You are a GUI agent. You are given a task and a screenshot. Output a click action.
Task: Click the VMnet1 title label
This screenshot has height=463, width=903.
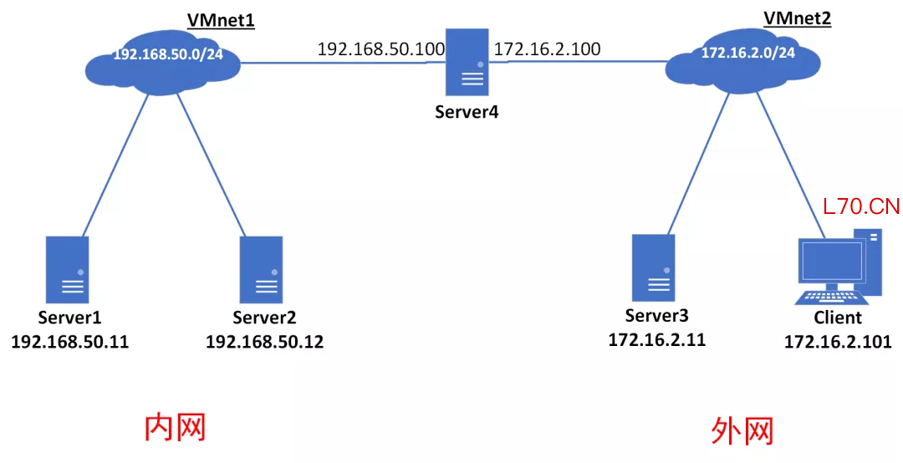click(x=221, y=21)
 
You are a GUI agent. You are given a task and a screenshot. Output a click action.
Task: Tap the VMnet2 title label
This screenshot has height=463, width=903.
click(x=797, y=18)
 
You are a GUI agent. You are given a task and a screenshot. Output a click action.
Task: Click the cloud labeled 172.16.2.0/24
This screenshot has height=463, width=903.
click(x=743, y=62)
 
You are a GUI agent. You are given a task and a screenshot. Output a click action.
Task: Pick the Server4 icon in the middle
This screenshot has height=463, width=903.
click(x=467, y=62)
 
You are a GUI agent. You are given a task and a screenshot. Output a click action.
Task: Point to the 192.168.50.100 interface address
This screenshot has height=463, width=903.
click(x=381, y=49)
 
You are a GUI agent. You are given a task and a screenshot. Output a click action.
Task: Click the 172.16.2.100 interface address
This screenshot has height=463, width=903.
click(x=547, y=49)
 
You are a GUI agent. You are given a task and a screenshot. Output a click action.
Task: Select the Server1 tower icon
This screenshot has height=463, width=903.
click(x=68, y=269)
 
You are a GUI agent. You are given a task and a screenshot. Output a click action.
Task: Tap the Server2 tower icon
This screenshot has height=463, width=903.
click(x=261, y=269)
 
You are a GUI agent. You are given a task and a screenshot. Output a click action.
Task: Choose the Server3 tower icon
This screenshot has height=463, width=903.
click(x=653, y=267)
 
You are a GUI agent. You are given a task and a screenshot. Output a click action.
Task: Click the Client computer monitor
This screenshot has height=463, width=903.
click(x=832, y=261)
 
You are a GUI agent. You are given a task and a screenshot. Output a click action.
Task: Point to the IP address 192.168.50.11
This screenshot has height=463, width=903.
click(x=70, y=342)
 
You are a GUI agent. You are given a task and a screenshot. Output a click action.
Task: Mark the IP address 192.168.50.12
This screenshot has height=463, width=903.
click(x=264, y=342)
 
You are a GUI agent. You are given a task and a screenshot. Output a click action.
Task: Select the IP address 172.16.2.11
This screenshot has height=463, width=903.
click(x=657, y=340)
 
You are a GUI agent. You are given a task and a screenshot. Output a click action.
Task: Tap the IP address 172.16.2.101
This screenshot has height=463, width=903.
click(x=838, y=342)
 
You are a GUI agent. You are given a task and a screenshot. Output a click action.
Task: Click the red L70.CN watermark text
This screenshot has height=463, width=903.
click(x=861, y=206)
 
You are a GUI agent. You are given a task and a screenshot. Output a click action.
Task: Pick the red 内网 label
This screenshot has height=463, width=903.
click(x=175, y=427)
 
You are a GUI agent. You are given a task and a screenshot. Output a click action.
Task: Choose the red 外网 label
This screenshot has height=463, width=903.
click(x=742, y=430)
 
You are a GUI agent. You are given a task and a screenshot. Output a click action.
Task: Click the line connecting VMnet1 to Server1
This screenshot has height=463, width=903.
click(x=115, y=165)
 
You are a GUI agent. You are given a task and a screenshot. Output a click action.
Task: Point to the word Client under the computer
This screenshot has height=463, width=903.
click(x=838, y=318)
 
